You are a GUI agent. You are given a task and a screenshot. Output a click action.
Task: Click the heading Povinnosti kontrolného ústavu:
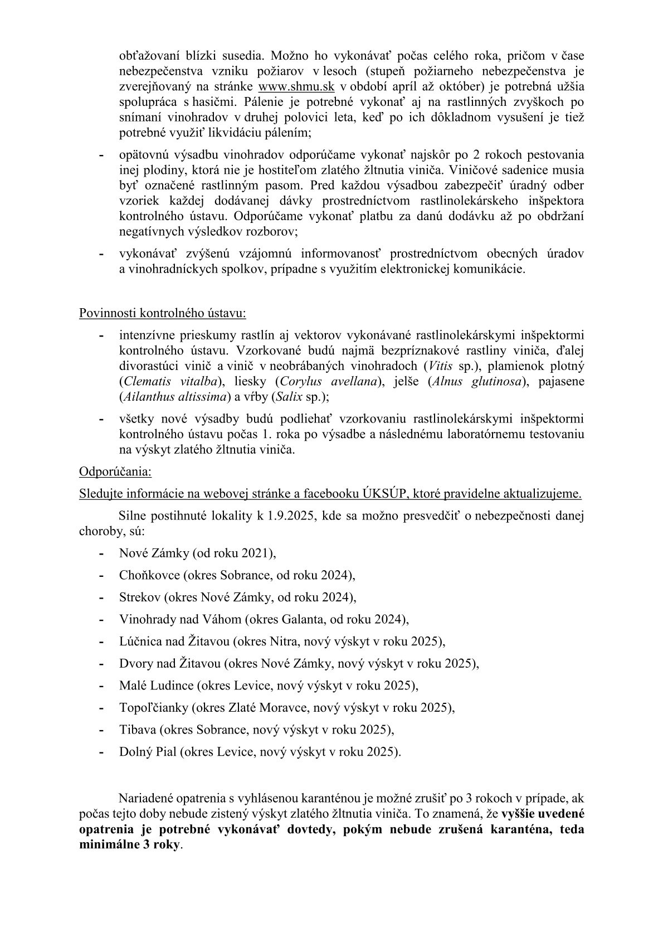click(163, 313)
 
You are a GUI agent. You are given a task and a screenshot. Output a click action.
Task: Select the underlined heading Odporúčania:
click(115, 472)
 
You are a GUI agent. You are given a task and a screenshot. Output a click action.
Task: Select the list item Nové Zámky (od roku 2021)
click(198, 553)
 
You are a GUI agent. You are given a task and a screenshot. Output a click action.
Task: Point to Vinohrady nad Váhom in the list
click(180, 619)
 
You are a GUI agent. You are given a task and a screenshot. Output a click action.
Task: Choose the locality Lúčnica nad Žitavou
click(175, 641)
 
